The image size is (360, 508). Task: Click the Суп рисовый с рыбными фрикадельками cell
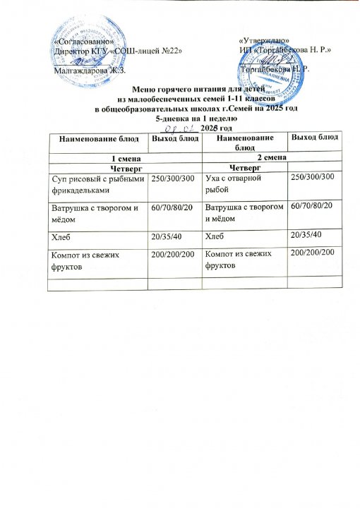point(97,186)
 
